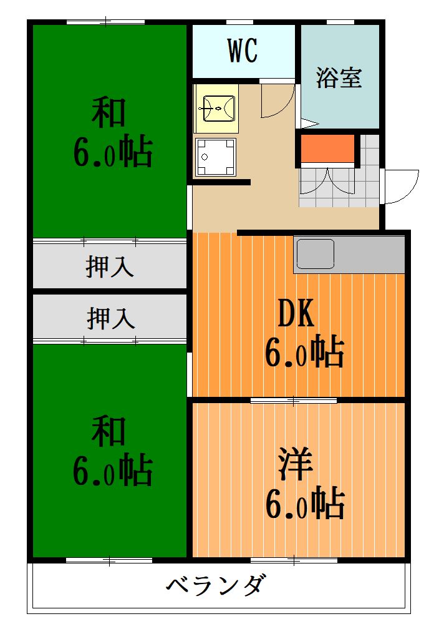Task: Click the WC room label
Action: (x=243, y=51)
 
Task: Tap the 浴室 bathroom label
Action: (x=339, y=78)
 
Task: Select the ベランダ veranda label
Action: (x=218, y=586)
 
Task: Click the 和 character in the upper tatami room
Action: (x=110, y=113)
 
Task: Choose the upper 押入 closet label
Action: (x=110, y=266)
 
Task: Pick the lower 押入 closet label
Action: (x=111, y=318)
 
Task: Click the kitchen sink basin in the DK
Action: (x=316, y=254)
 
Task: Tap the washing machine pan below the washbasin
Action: (x=216, y=157)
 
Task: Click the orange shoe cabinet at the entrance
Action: (x=327, y=149)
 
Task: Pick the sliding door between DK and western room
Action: (x=294, y=400)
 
